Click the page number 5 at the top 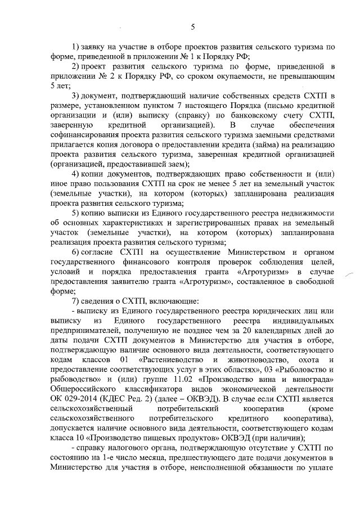coord(192,26)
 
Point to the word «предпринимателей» coord(88,329)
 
